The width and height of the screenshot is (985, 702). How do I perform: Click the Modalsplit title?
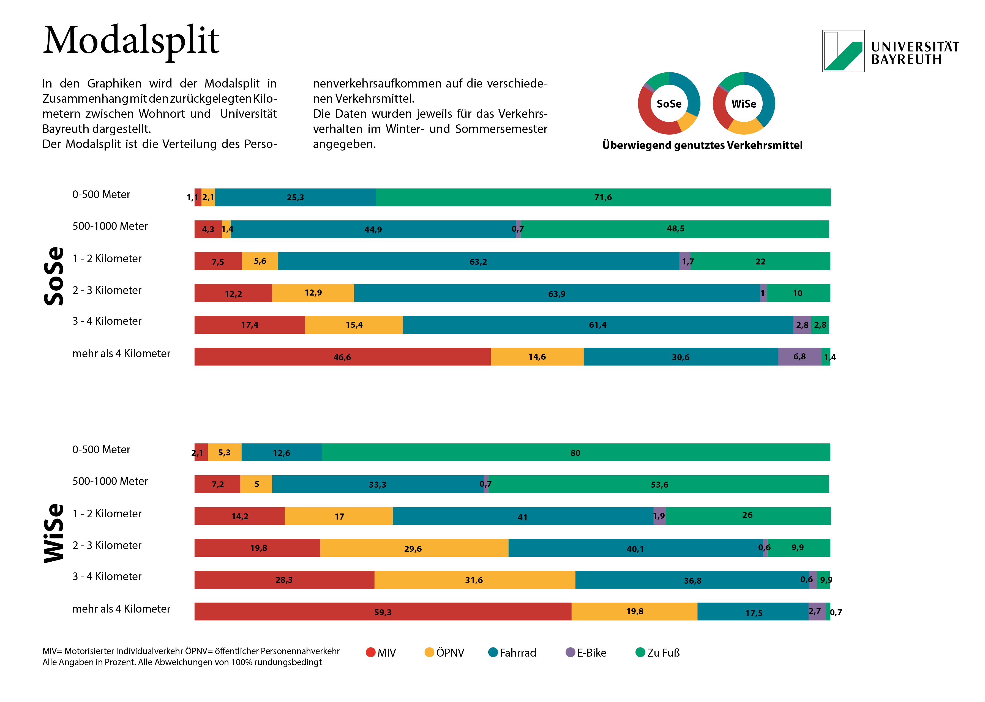[131, 41]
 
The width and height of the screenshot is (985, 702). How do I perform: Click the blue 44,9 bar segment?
[373, 229]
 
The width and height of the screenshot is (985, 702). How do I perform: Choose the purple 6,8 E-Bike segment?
[799, 357]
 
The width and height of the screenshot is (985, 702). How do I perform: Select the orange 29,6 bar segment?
[413, 548]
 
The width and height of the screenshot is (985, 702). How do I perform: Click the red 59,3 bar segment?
[383, 612]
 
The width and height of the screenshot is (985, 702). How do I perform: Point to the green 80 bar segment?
[575, 453]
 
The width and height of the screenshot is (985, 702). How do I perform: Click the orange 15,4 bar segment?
[354, 325]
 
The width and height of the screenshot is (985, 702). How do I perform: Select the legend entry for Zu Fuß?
[657, 653]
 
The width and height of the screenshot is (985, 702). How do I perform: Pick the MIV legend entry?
[381, 653]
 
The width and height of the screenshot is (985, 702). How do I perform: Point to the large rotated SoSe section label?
[54, 276]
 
